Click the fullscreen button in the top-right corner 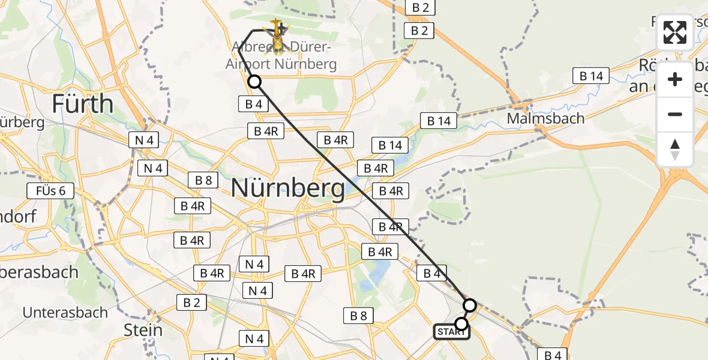pos(675,32)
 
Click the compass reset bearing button pos(675,149)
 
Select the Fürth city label pos(82,104)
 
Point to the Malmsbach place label pos(545,118)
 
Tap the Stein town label pos(143,330)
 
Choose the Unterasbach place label pos(65,313)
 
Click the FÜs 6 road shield pos(50,191)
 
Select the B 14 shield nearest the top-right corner pos(591,76)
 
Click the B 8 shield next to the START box pos(358,315)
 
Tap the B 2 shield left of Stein pos(191,303)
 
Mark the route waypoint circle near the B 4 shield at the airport pos(254,82)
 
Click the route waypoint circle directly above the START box pos(470,305)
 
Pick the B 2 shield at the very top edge pos(420,7)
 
